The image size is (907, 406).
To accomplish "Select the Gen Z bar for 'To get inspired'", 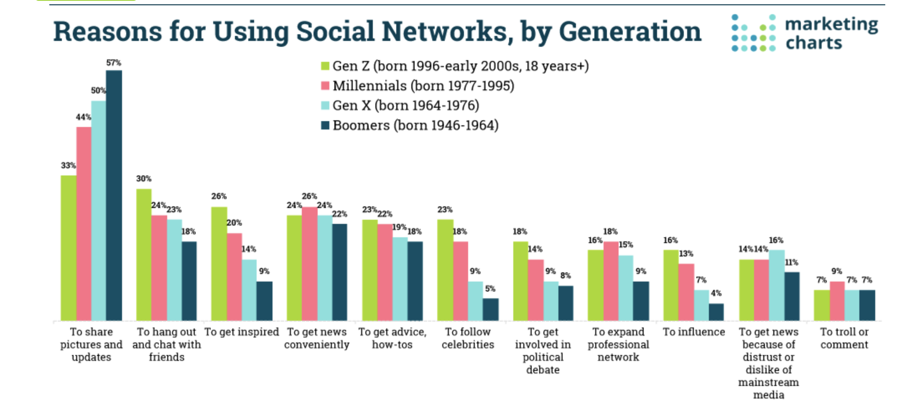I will pyautogui.click(x=219, y=264).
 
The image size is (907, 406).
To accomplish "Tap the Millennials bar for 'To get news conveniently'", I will pyautogui.click(x=309, y=264).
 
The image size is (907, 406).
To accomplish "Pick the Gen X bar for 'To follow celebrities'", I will pyautogui.click(x=475, y=301).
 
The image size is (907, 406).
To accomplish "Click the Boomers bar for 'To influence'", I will pyautogui.click(x=716, y=312).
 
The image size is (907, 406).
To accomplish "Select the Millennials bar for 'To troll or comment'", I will pyautogui.click(x=837, y=301).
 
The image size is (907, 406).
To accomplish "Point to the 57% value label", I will pyautogui.click(x=114, y=63).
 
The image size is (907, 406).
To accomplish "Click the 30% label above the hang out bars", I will pyautogui.click(x=143, y=179).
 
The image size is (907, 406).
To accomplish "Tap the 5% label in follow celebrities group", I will pyautogui.click(x=490, y=289).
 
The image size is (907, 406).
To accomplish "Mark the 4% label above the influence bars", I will pyautogui.click(x=716, y=293).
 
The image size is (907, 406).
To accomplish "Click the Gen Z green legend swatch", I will pyautogui.click(x=325, y=66).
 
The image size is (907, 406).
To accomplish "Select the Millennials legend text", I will pyautogui.click(x=423, y=86).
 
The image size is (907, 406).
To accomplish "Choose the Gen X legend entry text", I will pyautogui.click(x=405, y=106).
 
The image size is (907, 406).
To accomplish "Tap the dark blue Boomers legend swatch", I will pyautogui.click(x=325, y=125).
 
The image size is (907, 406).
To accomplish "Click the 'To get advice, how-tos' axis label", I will pyautogui.click(x=392, y=338).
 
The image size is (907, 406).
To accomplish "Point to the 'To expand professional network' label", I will pyautogui.click(x=618, y=344).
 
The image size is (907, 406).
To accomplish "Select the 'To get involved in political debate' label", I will pyautogui.click(x=543, y=350).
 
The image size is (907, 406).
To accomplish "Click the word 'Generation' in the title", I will pyautogui.click(x=630, y=32).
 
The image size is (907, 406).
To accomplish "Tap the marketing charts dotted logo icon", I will pyautogui.click(x=753, y=33).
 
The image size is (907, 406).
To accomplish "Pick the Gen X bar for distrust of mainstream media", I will pyautogui.click(x=776, y=285).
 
